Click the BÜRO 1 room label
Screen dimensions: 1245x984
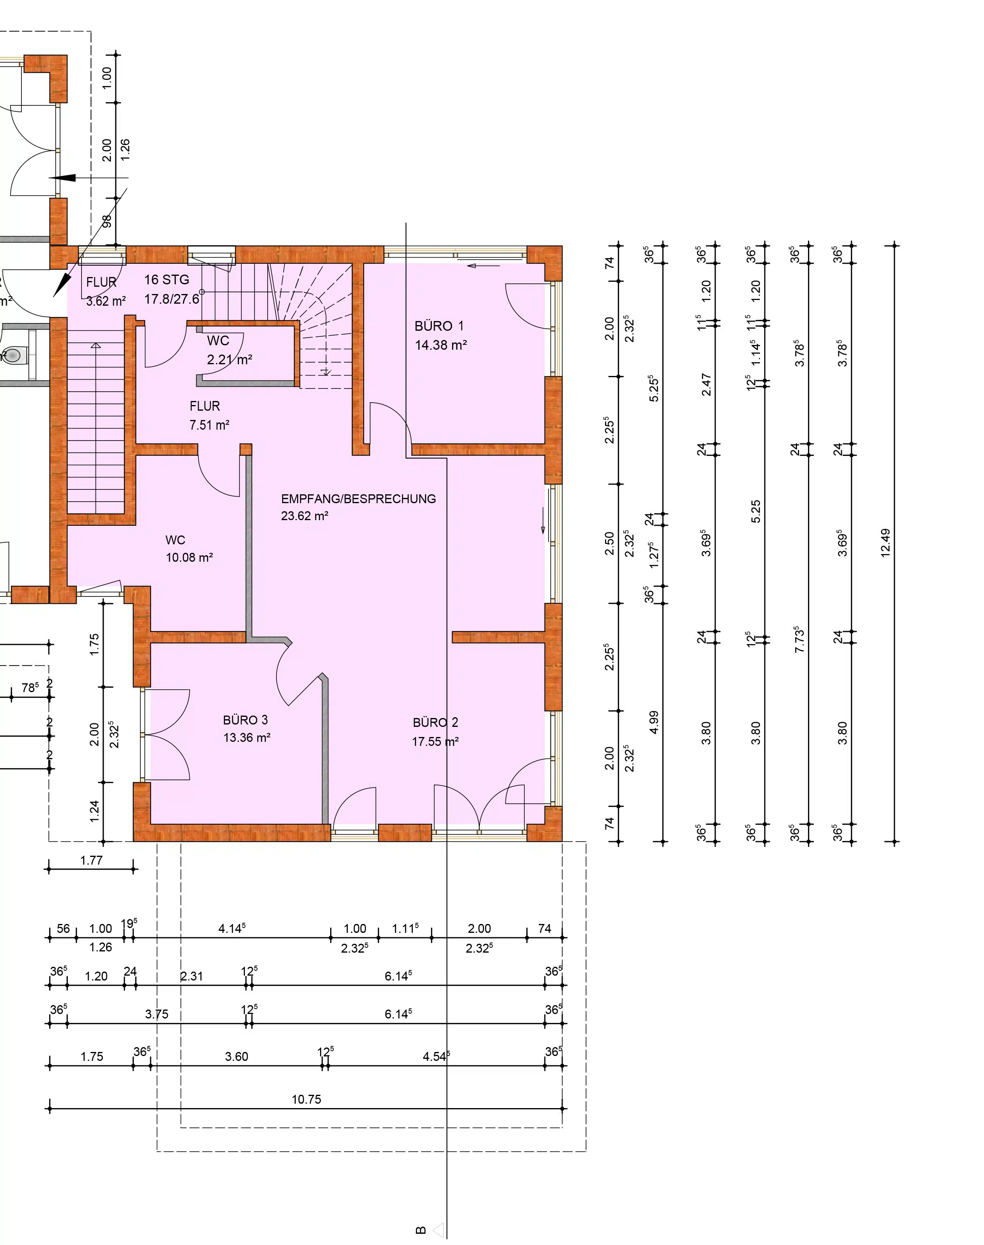pyautogui.click(x=439, y=326)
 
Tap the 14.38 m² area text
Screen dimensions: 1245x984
pyautogui.click(x=441, y=345)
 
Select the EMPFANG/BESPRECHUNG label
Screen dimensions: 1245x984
pyautogui.click(x=358, y=499)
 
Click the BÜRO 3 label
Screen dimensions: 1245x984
pyautogui.click(x=245, y=720)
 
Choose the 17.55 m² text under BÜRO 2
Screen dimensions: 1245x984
pyautogui.click(x=435, y=742)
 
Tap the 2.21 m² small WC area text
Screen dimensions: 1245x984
pyautogui.click(x=229, y=360)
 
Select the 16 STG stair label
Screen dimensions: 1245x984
pyautogui.click(x=167, y=280)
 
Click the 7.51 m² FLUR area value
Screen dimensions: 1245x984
pyautogui.click(x=209, y=425)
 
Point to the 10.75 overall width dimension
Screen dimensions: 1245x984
pyautogui.click(x=306, y=1099)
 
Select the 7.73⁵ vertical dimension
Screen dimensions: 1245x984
pyautogui.click(x=799, y=639)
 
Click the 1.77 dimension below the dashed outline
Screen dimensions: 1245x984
pyautogui.click(x=91, y=861)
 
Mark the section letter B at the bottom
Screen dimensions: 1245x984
pyautogui.click(x=421, y=1230)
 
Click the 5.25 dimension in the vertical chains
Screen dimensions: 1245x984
pyautogui.click(x=756, y=511)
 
